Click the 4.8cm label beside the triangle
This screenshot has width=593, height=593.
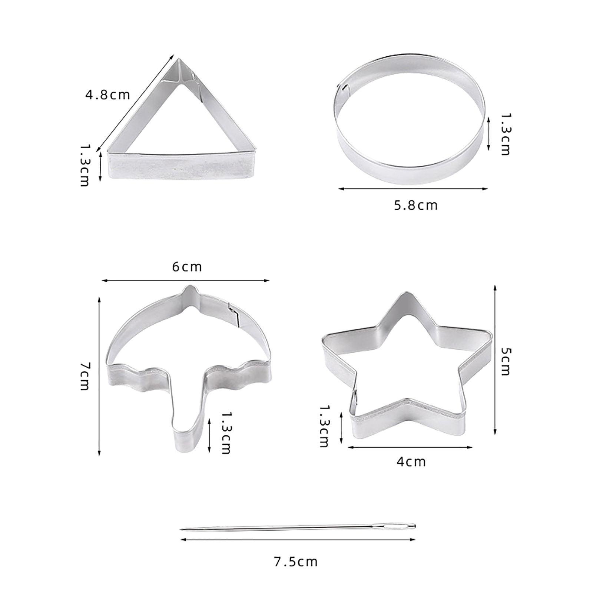[x=108, y=95]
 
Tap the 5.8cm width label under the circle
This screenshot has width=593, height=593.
[x=416, y=205]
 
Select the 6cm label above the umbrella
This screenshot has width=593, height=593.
[x=187, y=267]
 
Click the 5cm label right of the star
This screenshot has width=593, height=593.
[x=506, y=361]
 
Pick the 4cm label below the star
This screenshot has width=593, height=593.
[x=411, y=462]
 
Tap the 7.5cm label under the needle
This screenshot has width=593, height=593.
[x=296, y=562]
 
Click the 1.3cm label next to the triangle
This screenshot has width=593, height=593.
[x=85, y=165]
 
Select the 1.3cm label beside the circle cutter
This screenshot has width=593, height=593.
[x=506, y=134]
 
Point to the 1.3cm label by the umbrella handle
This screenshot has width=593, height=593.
[x=226, y=433]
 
